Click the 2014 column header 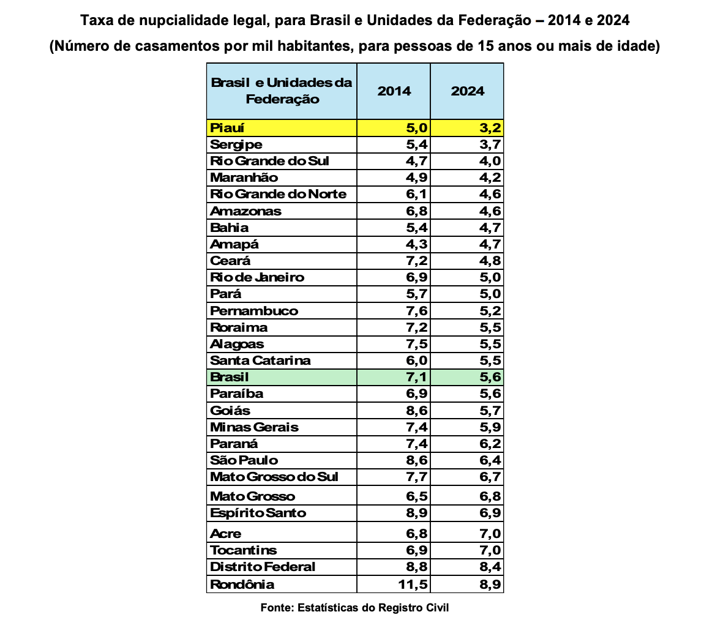point(394,91)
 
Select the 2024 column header point(467,91)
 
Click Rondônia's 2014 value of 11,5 point(412,585)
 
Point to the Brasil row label point(230,377)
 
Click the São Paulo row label point(244,460)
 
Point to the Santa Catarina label point(260,360)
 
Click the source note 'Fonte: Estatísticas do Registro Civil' point(354,608)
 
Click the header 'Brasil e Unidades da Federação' point(282,91)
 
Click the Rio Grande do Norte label point(278,195)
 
